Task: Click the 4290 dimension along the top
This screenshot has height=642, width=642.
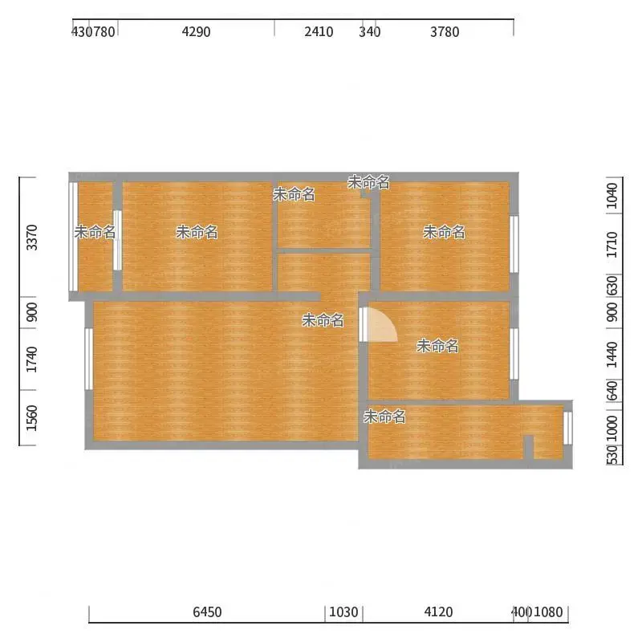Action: (196, 32)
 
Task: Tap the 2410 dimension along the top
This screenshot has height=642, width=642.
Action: (319, 32)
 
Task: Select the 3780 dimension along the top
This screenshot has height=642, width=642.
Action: (445, 32)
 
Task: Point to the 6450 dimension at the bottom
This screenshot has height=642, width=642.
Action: (207, 612)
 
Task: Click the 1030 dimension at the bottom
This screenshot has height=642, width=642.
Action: (343, 612)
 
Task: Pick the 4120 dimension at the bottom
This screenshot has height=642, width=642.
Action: (438, 612)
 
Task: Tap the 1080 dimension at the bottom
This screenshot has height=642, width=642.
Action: (549, 612)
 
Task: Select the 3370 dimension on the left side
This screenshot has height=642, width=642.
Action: (31, 238)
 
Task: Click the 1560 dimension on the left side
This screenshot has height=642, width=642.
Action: (31, 418)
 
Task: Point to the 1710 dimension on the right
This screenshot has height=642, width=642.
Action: (612, 245)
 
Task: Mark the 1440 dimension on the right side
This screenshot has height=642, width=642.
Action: (612, 355)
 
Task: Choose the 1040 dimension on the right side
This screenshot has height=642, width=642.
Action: (612, 196)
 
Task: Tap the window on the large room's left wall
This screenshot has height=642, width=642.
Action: (88, 359)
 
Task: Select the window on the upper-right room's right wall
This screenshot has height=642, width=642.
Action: (514, 245)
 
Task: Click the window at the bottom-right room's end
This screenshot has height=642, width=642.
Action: (568, 429)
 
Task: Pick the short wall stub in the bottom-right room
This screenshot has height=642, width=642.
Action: (529, 447)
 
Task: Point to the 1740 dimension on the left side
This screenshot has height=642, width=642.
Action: (31, 360)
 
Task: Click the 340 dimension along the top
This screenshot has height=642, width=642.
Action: (370, 32)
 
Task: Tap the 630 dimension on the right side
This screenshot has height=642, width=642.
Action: (612, 286)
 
